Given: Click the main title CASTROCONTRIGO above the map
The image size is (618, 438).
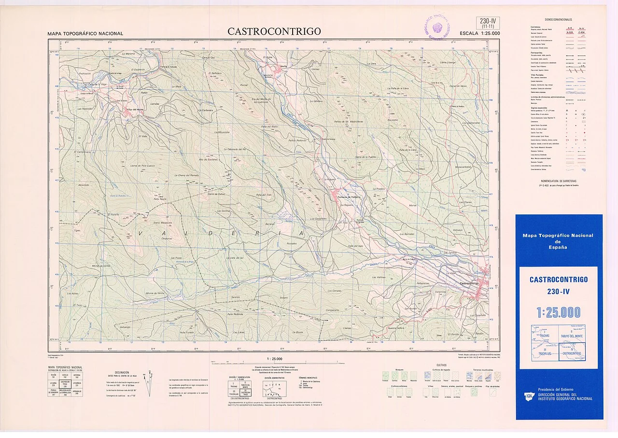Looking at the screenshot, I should pyautogui.click(x=274, y=31).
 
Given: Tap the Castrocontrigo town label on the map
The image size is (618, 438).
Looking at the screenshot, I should pyautogui.click(x=472, y=283).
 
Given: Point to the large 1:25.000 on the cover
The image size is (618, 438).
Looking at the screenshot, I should pyautogui.click(x=559, y=312).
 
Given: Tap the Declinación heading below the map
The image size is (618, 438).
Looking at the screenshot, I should pyautogui.click(x=122, y=372).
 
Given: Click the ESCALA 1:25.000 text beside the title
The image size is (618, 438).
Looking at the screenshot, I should pyautogui.click(x=479, y=33).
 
